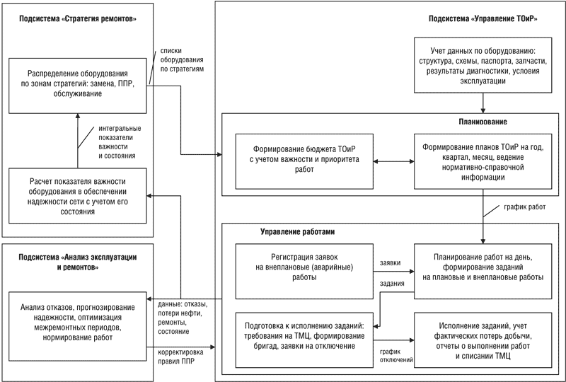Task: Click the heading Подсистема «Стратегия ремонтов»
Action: pos(78,19)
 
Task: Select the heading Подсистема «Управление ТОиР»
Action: pos(483,19)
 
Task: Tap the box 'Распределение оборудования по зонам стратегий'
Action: pos(78,86)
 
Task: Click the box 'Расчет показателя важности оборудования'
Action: pos(78,196)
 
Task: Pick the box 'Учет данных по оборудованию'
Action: pos(483,65)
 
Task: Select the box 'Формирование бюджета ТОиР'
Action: pos(304,161)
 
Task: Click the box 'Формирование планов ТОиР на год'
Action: pos(483,161)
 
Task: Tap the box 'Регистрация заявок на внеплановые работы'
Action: pos(304,271)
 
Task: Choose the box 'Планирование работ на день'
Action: pos(483,271)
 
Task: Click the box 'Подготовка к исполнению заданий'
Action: pos(304,340)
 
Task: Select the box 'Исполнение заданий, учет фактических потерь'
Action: pos(483,340)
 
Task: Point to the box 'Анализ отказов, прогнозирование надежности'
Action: pos(78,326)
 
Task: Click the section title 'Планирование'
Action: pos(483,122)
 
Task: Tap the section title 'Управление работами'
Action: pos(297,232)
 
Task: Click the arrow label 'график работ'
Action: pos(524,207)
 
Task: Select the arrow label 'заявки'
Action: pos(390,263)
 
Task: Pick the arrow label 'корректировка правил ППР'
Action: pos(180,357)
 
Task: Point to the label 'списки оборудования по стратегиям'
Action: pos(182,59)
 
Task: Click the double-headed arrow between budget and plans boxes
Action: pos(393,161)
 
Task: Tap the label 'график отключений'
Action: pos(396,356)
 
